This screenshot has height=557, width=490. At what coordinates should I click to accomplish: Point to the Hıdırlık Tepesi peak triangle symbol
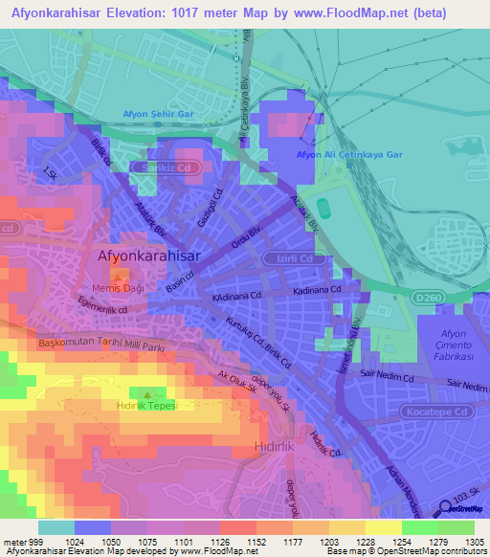click(146, 393)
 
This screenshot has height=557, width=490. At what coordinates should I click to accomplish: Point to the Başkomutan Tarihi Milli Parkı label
click(100, 343)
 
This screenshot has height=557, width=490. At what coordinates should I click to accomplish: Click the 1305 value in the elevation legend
click(475, 541)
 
